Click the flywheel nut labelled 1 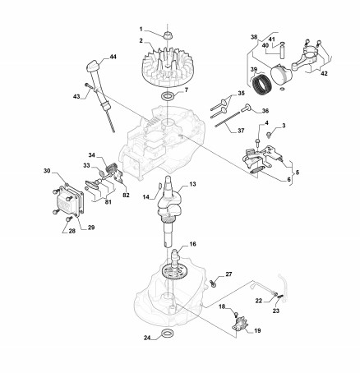167,35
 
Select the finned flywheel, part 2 167,67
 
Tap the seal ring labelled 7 167,96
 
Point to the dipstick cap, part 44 93,67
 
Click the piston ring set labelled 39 261,85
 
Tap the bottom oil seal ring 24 167,334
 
